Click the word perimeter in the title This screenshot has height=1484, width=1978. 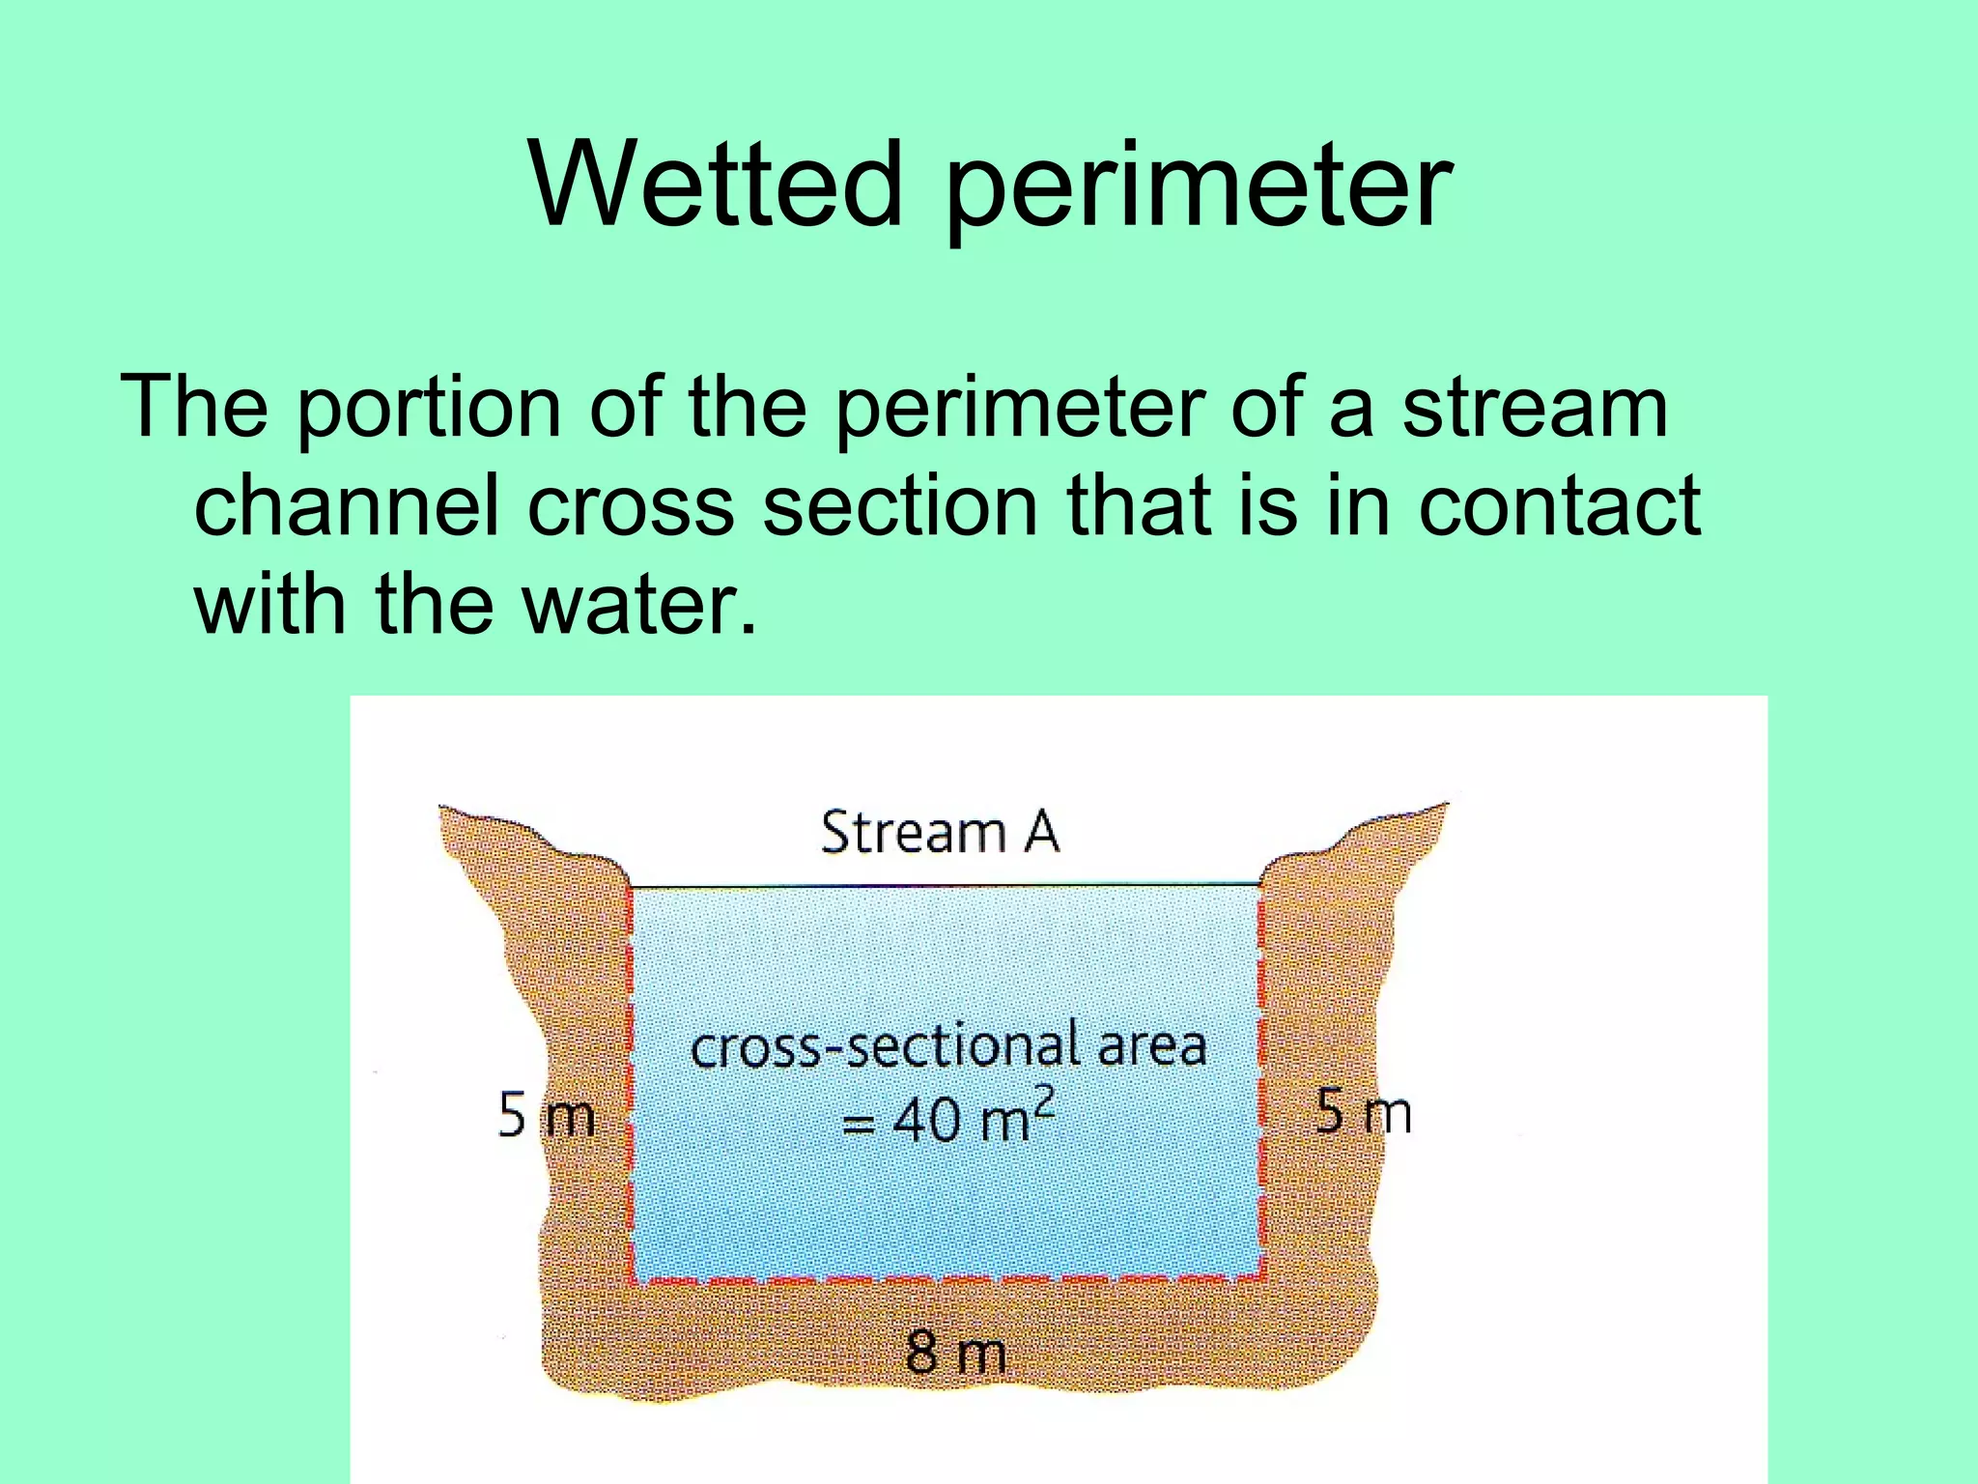coord(1198,188)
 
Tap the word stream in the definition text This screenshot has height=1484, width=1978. coord(1535,408)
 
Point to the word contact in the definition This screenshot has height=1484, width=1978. coord(1559,506)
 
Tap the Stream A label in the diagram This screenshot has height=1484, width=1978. coord(940,832)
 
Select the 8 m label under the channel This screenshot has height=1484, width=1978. coord(955,1352)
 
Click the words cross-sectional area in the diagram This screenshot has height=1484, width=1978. coord(948,1047)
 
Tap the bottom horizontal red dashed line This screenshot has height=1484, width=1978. coord(947,1281)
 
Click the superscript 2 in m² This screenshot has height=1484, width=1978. coord(1044,1099)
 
